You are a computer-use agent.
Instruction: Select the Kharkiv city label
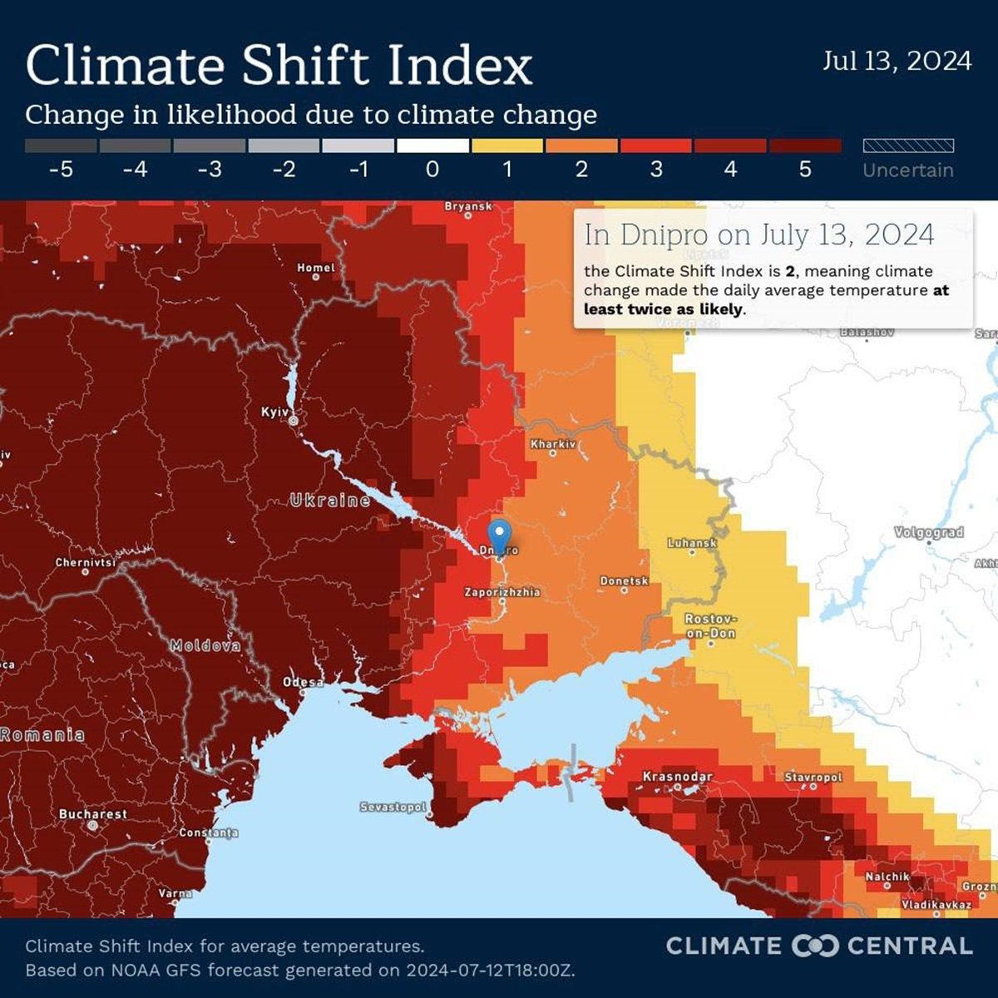(x=553, y=444)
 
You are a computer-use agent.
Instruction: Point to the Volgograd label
(x=929, y=532)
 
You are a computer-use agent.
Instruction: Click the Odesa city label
(x=304, y=682)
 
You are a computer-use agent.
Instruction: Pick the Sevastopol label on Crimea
(x=393, y=807)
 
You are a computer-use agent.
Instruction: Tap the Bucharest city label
(x=93, y=814)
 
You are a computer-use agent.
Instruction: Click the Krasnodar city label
(x=678, y=777)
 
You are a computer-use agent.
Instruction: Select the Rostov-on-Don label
(x=710, y=626)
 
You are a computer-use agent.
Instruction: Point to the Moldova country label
(x=205, y=645)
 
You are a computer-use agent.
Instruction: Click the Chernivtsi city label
(x=86, y=563)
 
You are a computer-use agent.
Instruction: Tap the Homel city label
(x=316, y=268)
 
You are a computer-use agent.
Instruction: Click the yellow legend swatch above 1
(x=507, y=146)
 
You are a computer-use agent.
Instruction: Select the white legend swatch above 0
(x=432, y=146)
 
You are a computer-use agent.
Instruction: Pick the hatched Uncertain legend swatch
(x=908, y=146)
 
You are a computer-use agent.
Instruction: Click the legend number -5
(x=61, y=170)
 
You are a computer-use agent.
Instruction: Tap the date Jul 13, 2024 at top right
(x=897, y=61)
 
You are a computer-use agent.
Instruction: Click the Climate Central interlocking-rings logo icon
(x=814, y=946)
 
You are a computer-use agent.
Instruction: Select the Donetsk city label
(x=624, y=581)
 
